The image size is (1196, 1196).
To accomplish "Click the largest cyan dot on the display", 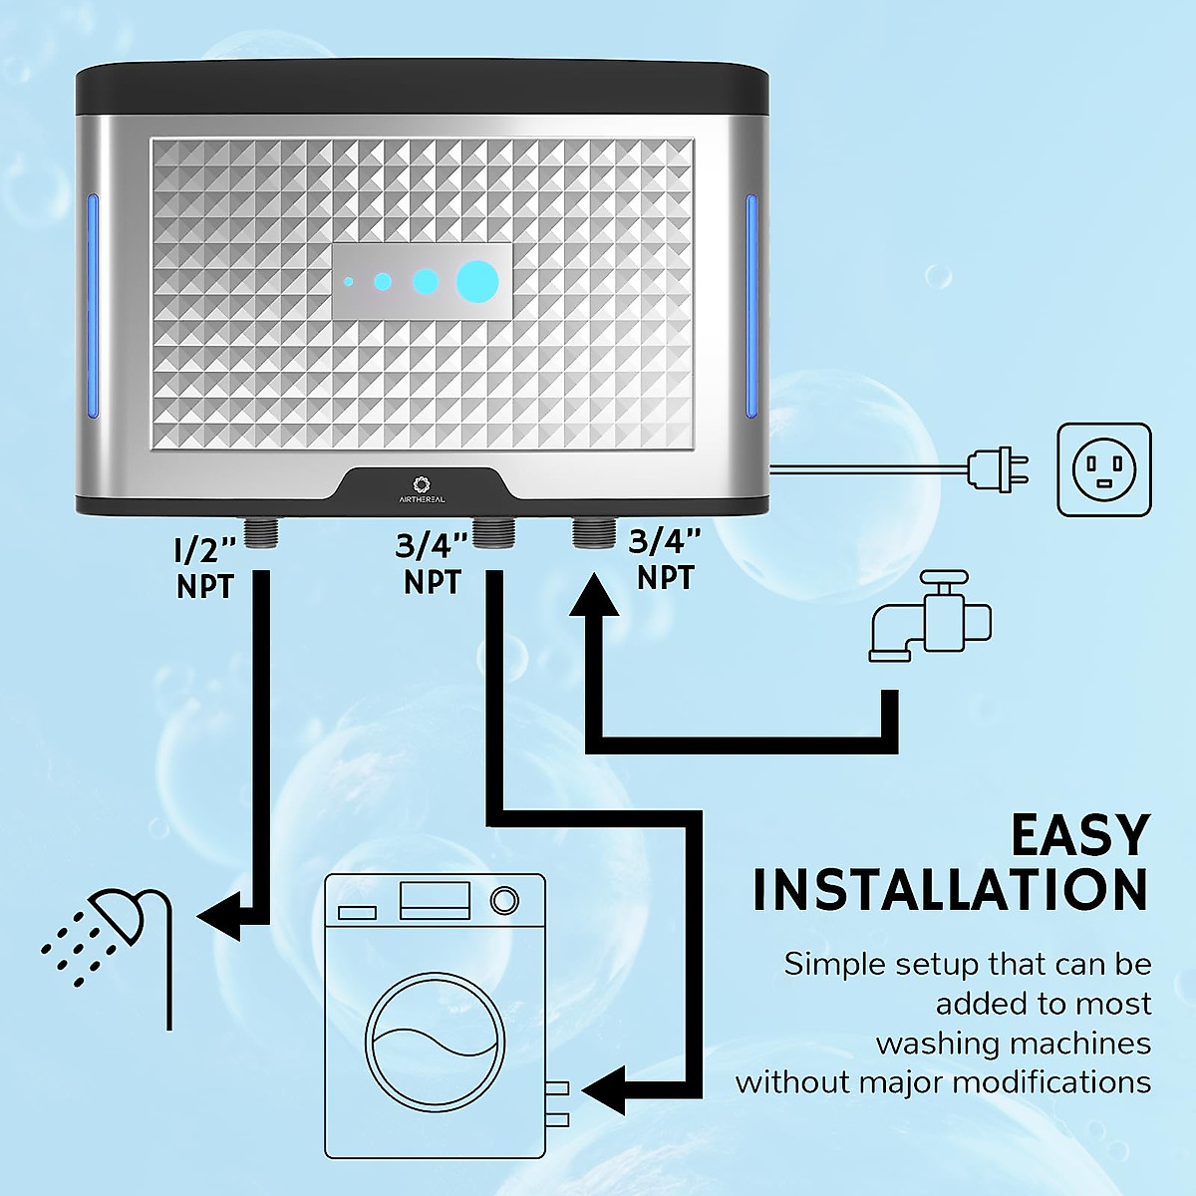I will (x=477, y=282).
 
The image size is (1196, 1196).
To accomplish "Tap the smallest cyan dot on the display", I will (x=348, y=282).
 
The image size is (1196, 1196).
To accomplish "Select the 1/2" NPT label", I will (x=205, y=568).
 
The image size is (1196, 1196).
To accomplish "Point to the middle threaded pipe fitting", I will (x=493, y=533).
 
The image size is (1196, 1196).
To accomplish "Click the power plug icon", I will (x=999, y=468).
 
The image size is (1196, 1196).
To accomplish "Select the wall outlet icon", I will (x=1104, y=469).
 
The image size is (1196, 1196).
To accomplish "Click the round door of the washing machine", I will (x=435, y=1042).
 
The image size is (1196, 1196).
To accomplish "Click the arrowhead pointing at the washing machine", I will (x=604, y=1090).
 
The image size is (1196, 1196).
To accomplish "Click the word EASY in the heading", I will (x=1080, y=835).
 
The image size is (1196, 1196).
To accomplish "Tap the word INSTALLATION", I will (x=950, y=890).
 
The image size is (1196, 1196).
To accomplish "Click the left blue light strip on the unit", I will (x=93, y=306).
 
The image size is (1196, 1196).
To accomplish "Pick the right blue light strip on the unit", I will (x=751, y=306).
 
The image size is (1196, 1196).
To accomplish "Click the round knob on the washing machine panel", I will (x=505, y=900).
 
